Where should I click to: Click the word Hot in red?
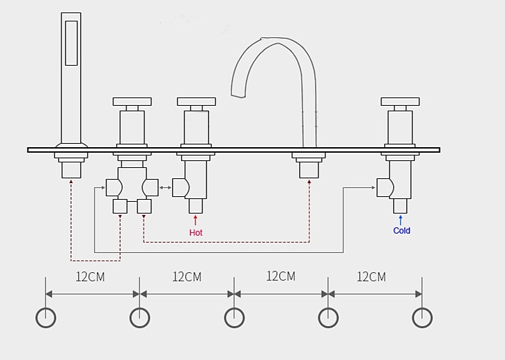click(x=196, y=232)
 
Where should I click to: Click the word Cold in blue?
click(x=401, y=230)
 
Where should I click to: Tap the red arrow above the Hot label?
click(x=196, y=220)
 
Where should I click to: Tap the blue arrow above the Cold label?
click(x=401, y=219)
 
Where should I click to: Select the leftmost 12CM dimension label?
click(x=90, y=276)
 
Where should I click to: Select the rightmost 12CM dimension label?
click(x=371, y=276)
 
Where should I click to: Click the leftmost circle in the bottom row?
click(x=46, y=317)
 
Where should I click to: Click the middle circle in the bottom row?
click(x=234, y=317)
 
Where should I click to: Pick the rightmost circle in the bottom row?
click(x=422, y=317)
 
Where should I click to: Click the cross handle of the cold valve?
click(x=400, y=102)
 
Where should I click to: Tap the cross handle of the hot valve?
click(x=196, y=102)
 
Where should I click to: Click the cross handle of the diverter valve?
click(x=132, y=102)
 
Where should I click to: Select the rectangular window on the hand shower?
click(x=71, y=43)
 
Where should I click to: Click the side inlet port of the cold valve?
click(x=385, y=187)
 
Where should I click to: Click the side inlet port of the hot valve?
click(x=180, y=187)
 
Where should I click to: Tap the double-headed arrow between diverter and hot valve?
click(x=166, y=187)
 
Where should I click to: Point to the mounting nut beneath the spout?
click(x=309, y=168)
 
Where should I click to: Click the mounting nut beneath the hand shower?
click(x=71, y=168)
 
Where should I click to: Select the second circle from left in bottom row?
click(x=140, y=317)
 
